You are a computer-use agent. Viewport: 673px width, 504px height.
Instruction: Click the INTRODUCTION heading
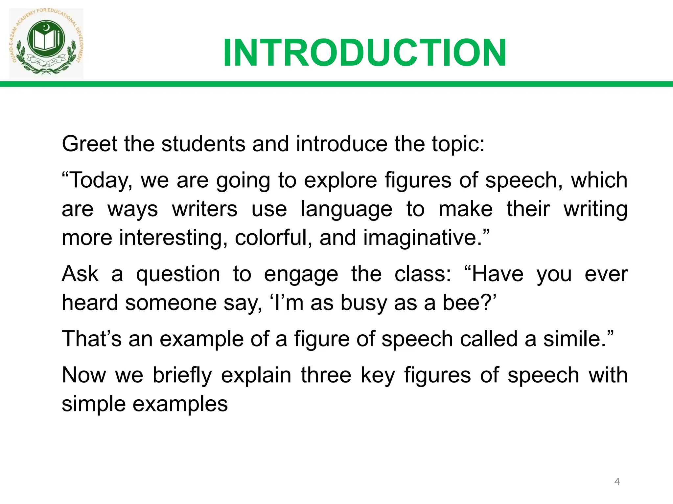(x=364, y=53)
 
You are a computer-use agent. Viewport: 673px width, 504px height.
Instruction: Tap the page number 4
(x=617, y=482)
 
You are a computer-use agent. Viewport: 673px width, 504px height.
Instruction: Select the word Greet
(x=89, y=144)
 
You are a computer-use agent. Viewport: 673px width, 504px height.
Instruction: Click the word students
(x=203, y=144)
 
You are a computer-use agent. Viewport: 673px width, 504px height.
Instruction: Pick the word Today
(x=101, y=180)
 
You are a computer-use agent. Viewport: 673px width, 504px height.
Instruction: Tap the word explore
(x=340, y=180)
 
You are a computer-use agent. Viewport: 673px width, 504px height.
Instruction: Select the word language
(x=346, y=209)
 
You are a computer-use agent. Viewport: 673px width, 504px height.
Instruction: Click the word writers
(x=204, y=209)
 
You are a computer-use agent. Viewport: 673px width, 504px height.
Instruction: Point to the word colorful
(x=273, y=238)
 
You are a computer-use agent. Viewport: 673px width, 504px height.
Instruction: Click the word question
(x=178, y=274)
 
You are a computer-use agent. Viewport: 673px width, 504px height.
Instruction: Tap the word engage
(x=301, y=274)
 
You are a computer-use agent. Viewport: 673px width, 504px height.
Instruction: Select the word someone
(x=171, y=303)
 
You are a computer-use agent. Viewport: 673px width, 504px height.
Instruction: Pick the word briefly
(x=182, y=375)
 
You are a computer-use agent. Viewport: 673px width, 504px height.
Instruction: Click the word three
(x=326, y=375)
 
